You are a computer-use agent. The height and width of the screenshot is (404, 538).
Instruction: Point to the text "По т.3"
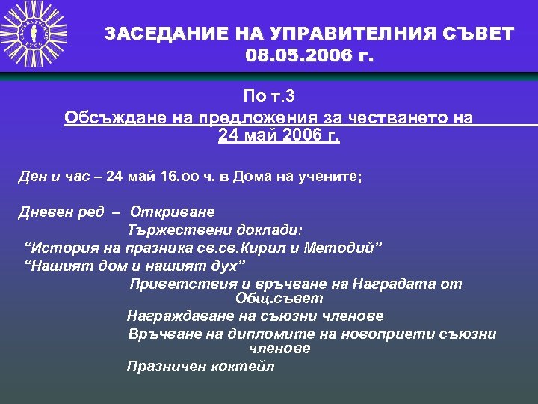[270, 96]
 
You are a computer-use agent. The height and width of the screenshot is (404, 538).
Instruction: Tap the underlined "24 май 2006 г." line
[279, 136]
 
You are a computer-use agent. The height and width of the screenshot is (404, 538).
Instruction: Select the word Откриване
[172, 212]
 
